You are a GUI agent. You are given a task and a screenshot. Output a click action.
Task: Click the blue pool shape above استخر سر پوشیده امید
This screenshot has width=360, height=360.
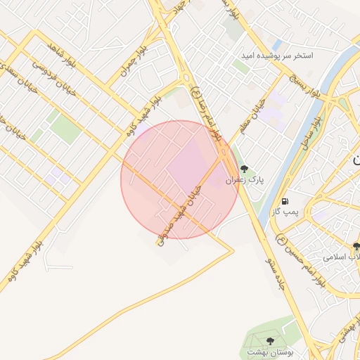(276, 44)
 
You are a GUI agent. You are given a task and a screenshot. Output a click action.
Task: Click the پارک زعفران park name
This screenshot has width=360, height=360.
(245, 181)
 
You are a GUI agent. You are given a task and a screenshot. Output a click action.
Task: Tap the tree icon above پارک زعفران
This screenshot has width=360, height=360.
(244, 169)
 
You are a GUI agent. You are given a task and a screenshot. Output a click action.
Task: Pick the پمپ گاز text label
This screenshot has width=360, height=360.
(286, 212)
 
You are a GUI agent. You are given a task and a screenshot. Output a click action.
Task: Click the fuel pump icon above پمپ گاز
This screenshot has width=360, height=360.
(285, 200)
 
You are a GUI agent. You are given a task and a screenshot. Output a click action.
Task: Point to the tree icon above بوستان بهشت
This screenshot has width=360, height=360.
(270, 339)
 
